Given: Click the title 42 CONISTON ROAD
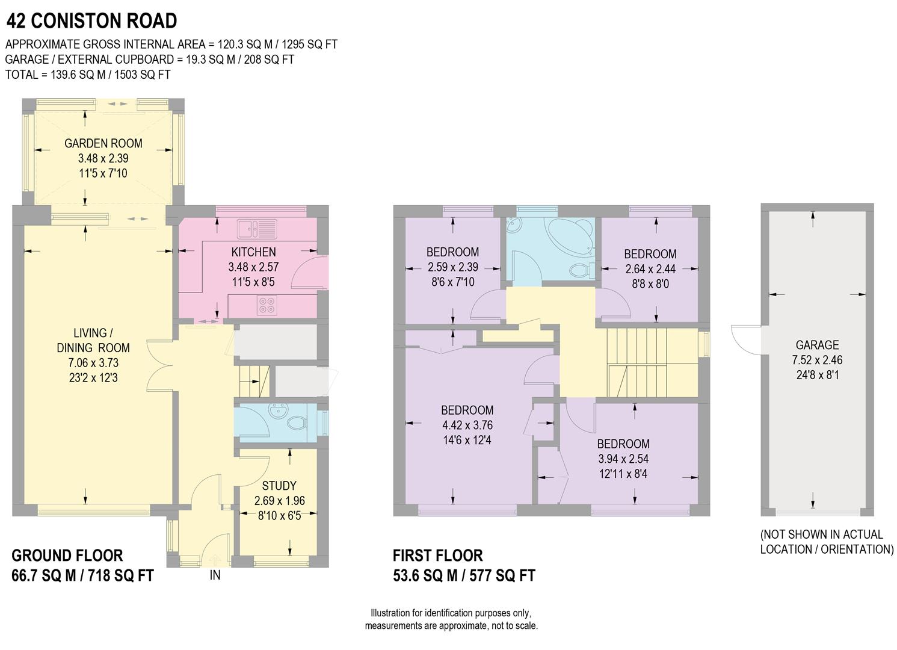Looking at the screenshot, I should tap(91, 21).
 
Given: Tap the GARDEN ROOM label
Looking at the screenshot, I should tap(103, 143).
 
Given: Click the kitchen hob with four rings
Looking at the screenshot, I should tap(266, 306).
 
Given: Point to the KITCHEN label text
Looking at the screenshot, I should tap(253, 252).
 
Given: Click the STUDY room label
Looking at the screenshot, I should tap(279, 486).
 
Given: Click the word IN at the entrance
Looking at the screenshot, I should tap(215, 575).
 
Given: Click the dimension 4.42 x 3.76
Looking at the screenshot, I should tap(467, 425).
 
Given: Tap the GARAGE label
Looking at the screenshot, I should tap(817, 345).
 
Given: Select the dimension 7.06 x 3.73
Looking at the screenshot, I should tap(93, 363).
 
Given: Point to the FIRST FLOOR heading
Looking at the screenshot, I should tap(437, 556).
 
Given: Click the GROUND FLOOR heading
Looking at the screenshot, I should tap(67, 556).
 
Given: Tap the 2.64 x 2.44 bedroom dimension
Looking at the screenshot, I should tap(650, 269).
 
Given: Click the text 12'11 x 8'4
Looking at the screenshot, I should tap(623, 474).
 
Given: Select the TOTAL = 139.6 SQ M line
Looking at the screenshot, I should tap(88, 75).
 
